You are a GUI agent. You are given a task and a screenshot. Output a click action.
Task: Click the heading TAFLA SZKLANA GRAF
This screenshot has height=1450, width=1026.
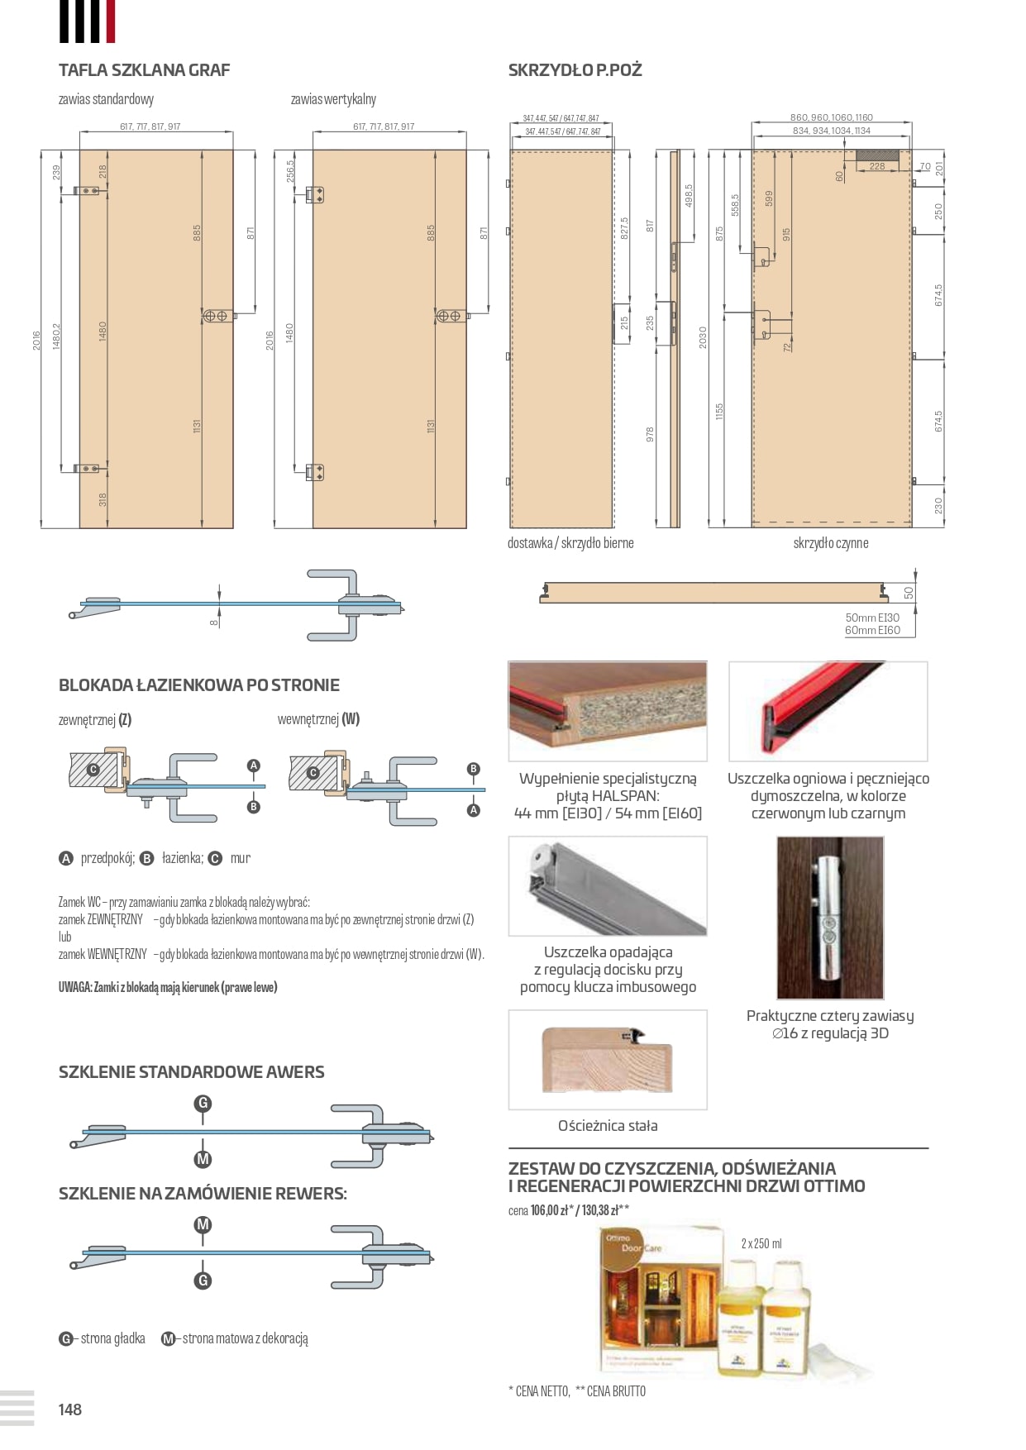click(144, 70)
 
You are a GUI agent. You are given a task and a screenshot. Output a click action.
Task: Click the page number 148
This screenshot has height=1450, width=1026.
click(70, 1409)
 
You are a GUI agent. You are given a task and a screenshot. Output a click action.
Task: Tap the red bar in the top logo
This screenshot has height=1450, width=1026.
click(111, 21)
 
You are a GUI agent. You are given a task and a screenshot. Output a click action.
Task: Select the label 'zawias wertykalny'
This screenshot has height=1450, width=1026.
click(333, 99)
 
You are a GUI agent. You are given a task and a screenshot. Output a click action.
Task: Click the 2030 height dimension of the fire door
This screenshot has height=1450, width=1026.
click(703, 337)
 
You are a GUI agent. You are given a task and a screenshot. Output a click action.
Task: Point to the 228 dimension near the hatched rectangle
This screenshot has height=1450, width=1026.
click(876, 167)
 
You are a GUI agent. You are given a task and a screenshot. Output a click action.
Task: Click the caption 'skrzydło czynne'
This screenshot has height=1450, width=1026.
click(830, 543)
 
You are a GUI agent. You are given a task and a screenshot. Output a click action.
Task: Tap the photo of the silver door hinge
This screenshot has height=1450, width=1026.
click(830, 918)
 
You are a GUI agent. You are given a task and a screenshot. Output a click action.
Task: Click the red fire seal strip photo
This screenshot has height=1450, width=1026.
click(828, 711)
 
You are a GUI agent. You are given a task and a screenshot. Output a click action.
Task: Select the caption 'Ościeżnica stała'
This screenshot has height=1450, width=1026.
click(608, 1126)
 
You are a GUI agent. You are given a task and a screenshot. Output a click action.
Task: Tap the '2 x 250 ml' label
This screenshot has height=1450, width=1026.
click(761, 1243)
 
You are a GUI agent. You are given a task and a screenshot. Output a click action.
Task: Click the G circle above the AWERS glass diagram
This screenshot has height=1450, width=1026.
click(203, 1104)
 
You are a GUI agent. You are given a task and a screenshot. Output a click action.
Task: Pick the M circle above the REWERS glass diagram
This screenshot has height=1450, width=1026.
click(203, 1224)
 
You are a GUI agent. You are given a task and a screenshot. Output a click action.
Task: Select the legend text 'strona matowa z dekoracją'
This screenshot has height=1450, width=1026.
click(245, 1338)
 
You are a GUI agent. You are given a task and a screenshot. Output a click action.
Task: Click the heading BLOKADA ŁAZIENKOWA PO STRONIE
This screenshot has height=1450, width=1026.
click(199, 685)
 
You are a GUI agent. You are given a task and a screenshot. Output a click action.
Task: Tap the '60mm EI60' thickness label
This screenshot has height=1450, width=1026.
click(872, 631)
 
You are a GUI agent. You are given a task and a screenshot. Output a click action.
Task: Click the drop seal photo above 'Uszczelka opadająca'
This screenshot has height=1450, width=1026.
click(608, 886)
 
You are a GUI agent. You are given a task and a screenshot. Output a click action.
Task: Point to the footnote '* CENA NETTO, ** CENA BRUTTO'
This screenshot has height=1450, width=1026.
click(577, 1391)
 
